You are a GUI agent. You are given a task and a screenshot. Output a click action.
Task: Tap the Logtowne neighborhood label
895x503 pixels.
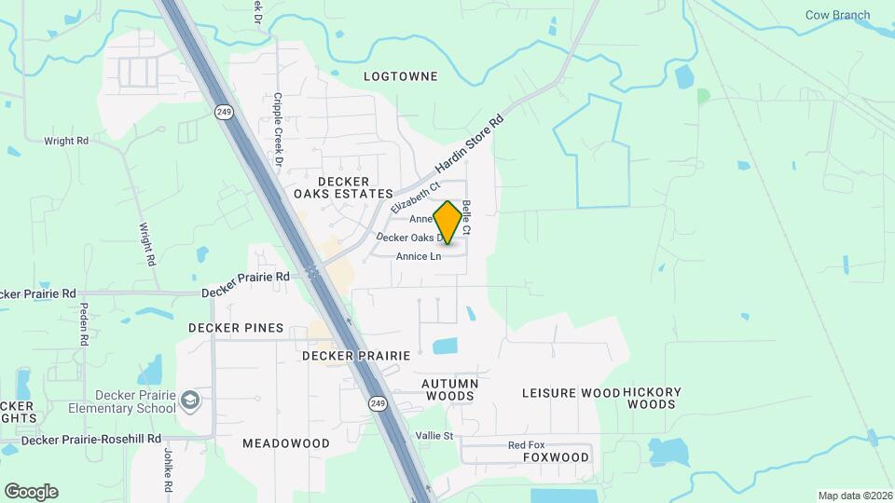pos(400,75)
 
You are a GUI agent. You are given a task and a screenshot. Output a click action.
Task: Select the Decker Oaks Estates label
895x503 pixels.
pos(343,187)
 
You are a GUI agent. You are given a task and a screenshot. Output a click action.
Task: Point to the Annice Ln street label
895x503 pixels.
pos(418,256)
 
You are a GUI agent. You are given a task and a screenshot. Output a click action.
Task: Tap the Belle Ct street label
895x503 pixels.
pos(466,217)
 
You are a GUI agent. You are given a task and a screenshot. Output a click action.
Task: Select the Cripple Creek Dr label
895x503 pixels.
pos(278,129)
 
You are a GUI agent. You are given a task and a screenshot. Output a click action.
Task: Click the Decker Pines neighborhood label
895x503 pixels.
pos(236,328)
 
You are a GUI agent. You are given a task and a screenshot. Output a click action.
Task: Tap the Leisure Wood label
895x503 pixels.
pos(571,393)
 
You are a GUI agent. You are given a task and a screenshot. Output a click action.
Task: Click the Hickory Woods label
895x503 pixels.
pos(652,398)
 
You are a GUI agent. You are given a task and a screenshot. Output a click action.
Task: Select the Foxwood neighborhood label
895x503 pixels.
pos(556,457)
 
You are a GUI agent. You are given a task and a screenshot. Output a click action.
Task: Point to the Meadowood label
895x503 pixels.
pos(286,443)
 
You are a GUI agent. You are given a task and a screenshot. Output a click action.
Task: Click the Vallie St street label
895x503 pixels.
pos(434,436)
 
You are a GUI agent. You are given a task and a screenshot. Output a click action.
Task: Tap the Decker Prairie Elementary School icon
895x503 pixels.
pos(190,401)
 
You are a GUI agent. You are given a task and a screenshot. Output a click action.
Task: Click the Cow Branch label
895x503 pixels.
pos(837,15)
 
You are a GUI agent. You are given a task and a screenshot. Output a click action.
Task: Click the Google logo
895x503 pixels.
pos(31,492)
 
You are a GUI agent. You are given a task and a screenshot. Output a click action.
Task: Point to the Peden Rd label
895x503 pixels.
pos(83,324)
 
